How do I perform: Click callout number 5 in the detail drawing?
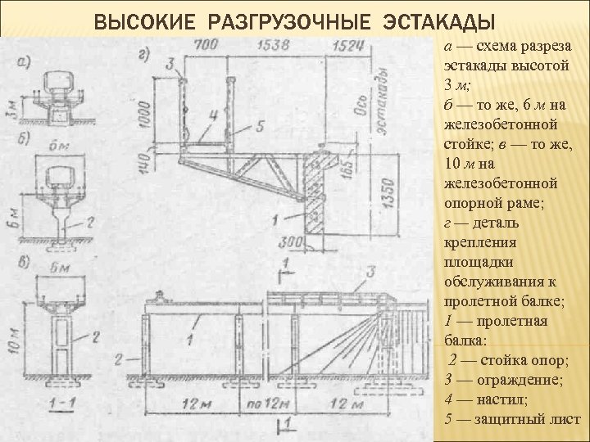coord(260,125)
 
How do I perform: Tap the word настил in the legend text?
coord(486,399)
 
